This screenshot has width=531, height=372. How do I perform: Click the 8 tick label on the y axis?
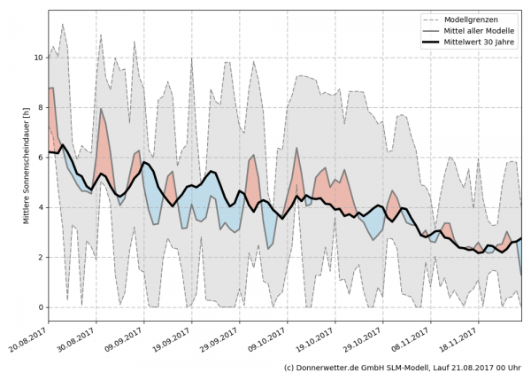[x=40, y=108]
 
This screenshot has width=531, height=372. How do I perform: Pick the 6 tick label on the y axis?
[x=40, y=158]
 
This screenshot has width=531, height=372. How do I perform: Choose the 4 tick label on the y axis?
[x=40, y=207]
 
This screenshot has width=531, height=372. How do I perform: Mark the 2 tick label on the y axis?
[x=40, y=258]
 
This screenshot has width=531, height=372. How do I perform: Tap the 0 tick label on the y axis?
[x=40, y=307]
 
